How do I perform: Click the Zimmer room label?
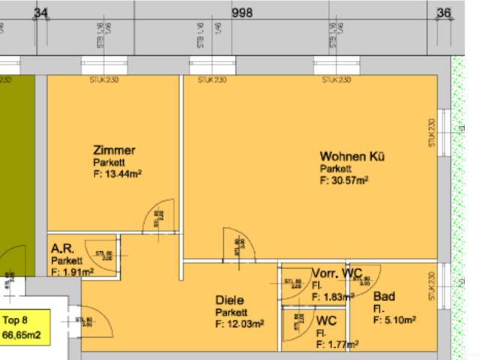[114, 151]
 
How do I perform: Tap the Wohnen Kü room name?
[352, 157]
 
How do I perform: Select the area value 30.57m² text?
[343, 180]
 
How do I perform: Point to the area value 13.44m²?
[118, 174]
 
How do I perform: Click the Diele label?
[229, 301]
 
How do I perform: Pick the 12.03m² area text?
[239, 324]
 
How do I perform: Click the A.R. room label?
[61, 248]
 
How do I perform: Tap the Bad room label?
[383, 297]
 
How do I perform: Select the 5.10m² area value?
[394, 319]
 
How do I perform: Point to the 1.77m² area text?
[337, 345]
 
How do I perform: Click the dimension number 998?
[242, 13]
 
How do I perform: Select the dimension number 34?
[41, 13]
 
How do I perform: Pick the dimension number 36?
[444, 13]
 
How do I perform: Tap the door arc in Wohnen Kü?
[240, 244]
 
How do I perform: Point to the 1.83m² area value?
[331, 297]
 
